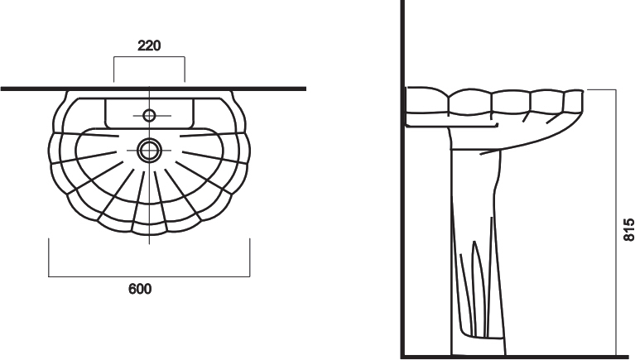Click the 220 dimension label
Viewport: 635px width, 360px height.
tap(149, 46)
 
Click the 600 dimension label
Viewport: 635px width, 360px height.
tap(140, 289)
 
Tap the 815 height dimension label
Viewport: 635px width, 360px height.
tap(628, 230)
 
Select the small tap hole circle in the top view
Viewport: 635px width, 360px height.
tap(149, 115)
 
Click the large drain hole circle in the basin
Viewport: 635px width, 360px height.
tap(149, 151)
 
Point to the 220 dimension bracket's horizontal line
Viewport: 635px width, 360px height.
tap(149, 57)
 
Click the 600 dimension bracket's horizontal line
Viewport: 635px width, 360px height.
tap(149, 277)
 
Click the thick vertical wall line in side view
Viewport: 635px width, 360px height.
tap(403, 178)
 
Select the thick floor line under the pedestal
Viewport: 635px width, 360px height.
tap(517, 357)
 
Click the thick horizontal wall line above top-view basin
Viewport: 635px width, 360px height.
tap(153, 89)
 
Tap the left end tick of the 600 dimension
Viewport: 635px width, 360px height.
tap(49, 257)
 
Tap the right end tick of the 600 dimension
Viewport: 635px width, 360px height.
tap(249, 257)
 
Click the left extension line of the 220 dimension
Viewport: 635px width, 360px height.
tap(113, 70)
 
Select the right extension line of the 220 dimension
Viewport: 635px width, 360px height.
tap(185, 70)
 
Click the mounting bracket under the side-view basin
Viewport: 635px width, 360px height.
tap(451, 126)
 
